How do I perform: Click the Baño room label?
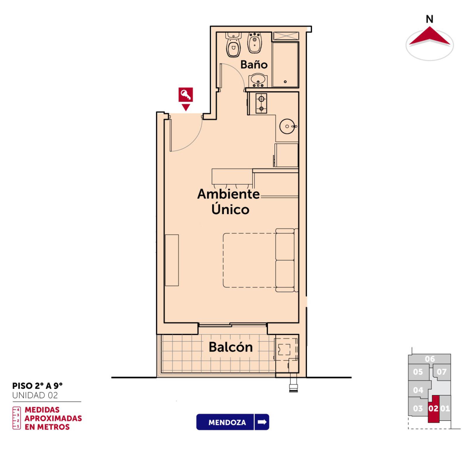(254, 64)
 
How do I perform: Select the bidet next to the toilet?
(255, 43)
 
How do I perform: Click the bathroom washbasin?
(258, 80)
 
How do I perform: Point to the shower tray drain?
(285, 82)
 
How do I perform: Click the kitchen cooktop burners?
(261, 103)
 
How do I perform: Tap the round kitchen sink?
(288, 126)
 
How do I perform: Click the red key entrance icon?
(186, 95)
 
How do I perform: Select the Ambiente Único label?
(229, 202)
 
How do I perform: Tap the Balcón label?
(231, 347)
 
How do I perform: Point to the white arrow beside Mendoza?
(262, 422)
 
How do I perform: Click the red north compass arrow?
(429, 37)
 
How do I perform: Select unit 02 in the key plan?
(433, 409)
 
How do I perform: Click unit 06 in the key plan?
(430, 359)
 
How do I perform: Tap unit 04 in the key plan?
(418, 390)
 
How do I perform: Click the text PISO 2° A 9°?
(37, 386)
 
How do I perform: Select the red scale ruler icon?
(17, 418)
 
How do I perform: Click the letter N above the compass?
(429, 19)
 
